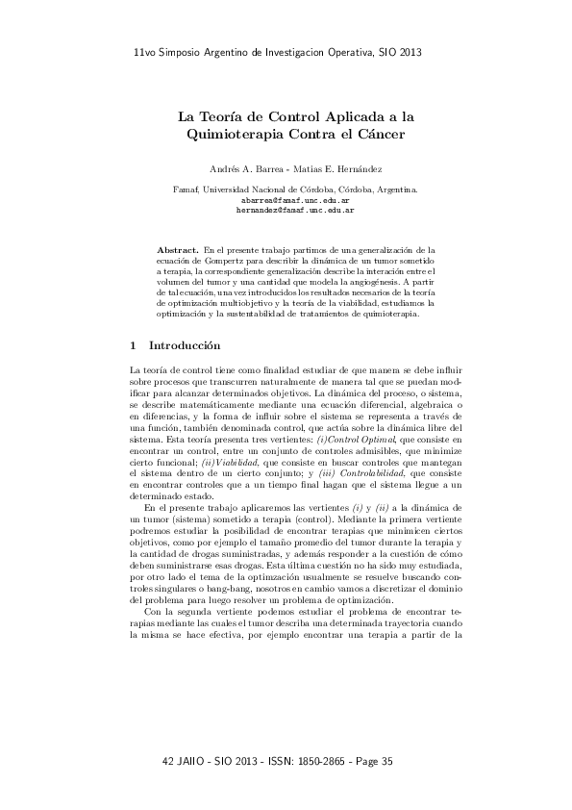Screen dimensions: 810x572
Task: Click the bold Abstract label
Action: (178, 249)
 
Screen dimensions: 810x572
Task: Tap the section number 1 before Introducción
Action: (132, 343)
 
